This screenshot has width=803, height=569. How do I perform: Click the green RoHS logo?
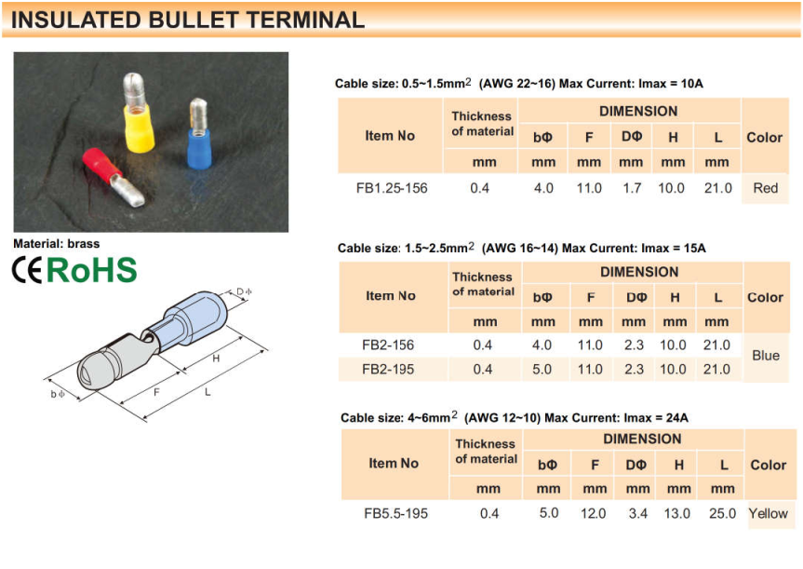click(92, 270)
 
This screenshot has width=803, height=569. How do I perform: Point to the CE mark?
click(27, 270)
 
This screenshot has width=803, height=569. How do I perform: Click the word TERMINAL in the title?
click(305, 20)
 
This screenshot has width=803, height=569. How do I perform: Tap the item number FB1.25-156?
click(392, 188)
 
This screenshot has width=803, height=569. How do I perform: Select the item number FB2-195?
click(388, 369)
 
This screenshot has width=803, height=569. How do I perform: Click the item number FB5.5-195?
click(395, 513)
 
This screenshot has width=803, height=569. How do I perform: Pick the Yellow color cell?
click(769, 513)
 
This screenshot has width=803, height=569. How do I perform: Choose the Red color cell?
click(765, 188)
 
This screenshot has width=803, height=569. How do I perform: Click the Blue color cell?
click(766, 355)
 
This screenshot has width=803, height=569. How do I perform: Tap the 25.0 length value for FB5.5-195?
click(722, 513)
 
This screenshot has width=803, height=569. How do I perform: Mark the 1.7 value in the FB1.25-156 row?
click(632, 188)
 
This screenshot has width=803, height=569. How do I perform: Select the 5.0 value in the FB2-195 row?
click(542, 369)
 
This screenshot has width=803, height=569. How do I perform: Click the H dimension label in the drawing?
click(216, 359)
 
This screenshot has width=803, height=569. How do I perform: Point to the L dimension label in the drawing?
click(207, 392)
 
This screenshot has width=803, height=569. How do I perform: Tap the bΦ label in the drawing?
click(58, 394)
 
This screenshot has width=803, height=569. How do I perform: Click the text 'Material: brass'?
click(57, 243)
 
